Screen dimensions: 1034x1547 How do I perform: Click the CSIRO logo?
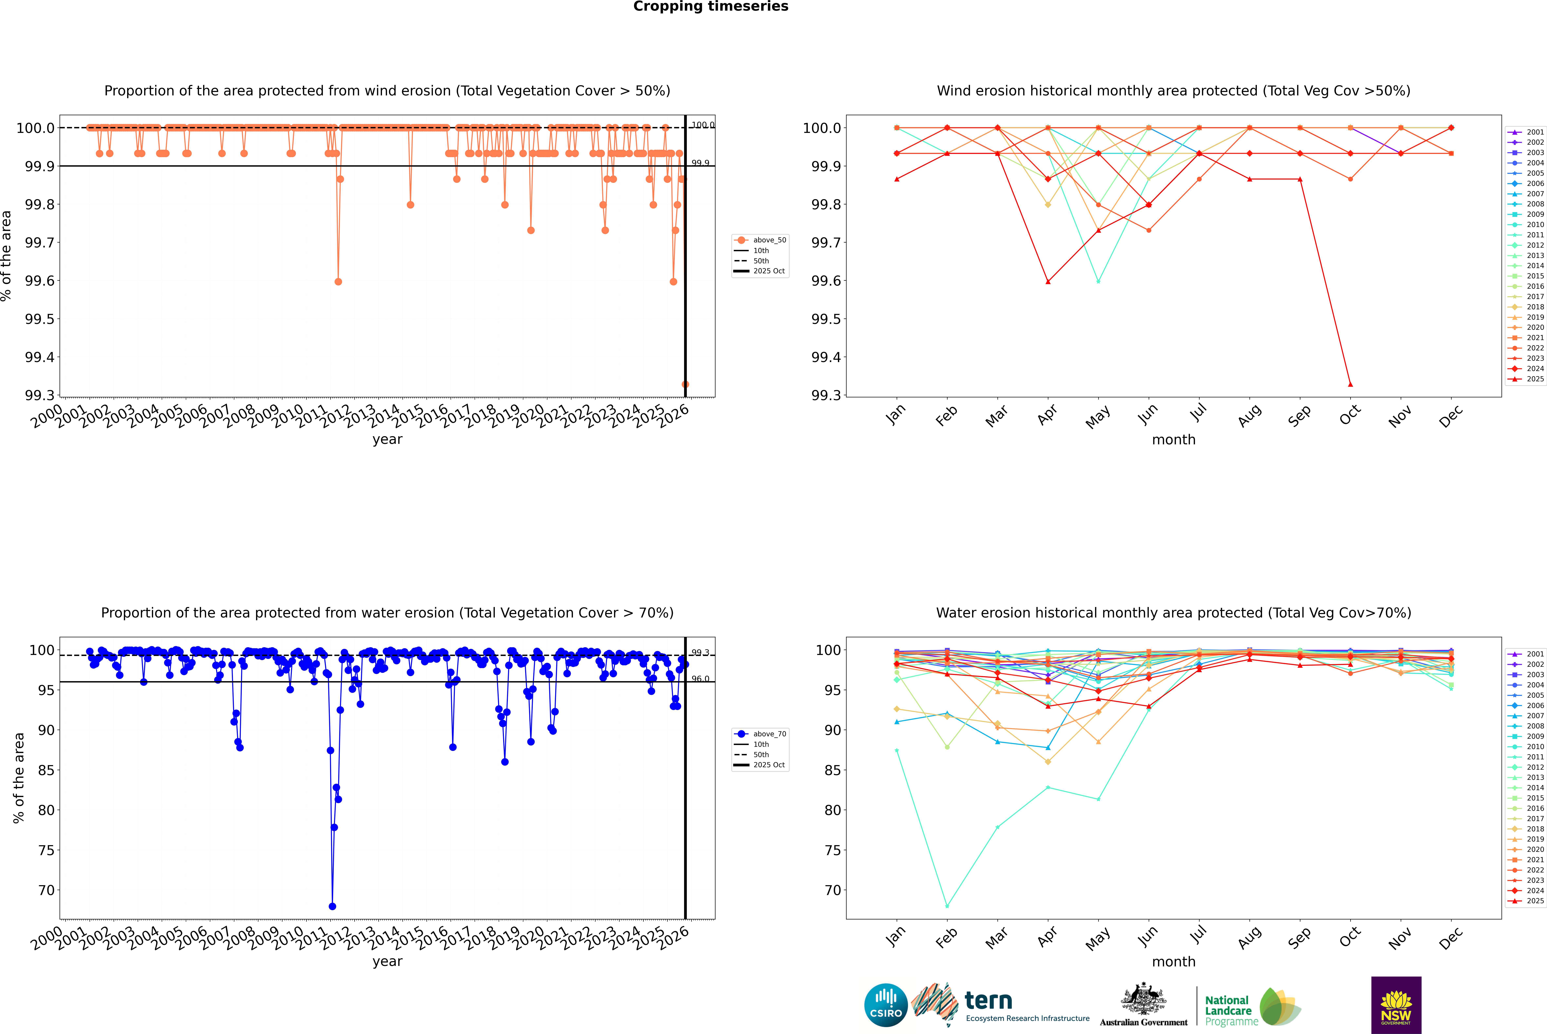886,1005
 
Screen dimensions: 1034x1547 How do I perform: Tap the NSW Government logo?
1396,1005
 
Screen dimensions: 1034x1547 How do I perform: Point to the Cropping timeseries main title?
710,7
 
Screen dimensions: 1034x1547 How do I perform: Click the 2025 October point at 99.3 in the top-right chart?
1350,384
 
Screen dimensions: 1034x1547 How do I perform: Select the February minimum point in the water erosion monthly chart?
947,906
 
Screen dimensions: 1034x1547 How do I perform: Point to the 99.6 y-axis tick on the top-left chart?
40,281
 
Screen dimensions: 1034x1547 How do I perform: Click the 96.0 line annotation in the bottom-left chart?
700,679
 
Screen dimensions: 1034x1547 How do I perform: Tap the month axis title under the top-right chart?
1173,440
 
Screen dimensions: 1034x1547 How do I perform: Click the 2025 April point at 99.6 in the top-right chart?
1048,282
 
